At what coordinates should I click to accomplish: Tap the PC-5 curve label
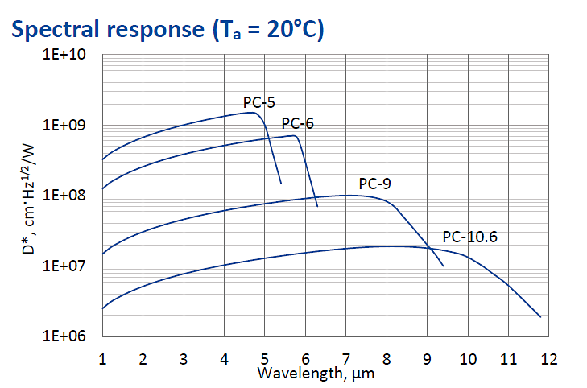(x=259, y=102)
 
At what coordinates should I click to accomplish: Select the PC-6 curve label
(x=297, y=123)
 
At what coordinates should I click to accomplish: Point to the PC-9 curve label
(x=374, y=184)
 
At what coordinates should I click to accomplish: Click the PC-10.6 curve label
(x=469, y=237)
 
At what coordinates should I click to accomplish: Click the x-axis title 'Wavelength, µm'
(x=316, y=374)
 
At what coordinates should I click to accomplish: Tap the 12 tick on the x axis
(x=548, y=357)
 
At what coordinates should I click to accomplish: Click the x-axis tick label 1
(x=102, y=357)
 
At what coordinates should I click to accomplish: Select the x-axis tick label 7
(x=346, y=357)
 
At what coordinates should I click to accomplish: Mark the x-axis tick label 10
(x=467, y=357)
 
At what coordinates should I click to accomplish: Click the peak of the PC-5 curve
(x=252, y=113)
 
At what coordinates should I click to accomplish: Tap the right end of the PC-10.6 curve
(x=539, y=316)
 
